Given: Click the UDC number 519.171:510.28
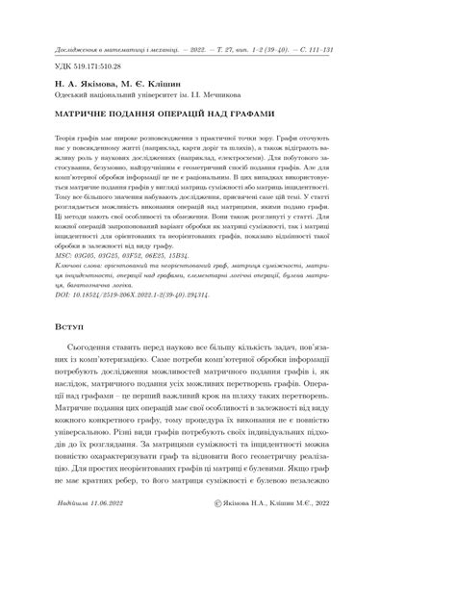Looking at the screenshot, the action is pyautogui.click(x=93, y=66).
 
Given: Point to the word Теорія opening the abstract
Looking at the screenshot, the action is pyautogui.click(x=71, y=140).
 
